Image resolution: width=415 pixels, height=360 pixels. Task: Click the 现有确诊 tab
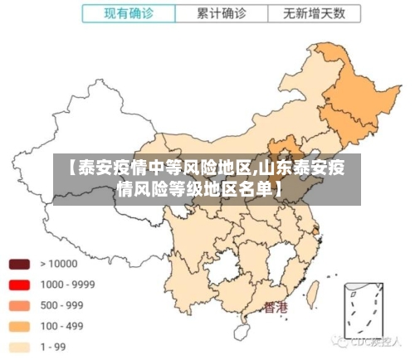[129, 14]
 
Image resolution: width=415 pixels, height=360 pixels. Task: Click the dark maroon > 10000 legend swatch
[19, 264]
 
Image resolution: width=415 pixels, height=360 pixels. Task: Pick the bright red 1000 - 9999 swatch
[19, 285]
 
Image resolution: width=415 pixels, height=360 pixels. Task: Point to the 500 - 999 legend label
[62, 305]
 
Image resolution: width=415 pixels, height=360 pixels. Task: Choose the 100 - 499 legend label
[62, 326]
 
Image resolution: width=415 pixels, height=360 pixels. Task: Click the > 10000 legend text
[59, 264]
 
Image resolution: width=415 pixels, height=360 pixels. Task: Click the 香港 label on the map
[276, 308]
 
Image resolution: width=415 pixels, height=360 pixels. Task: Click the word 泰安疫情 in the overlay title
[107, 168]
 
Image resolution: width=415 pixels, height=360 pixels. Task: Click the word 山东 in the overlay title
[275, 168]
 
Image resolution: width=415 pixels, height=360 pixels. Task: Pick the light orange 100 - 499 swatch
[19, 326]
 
